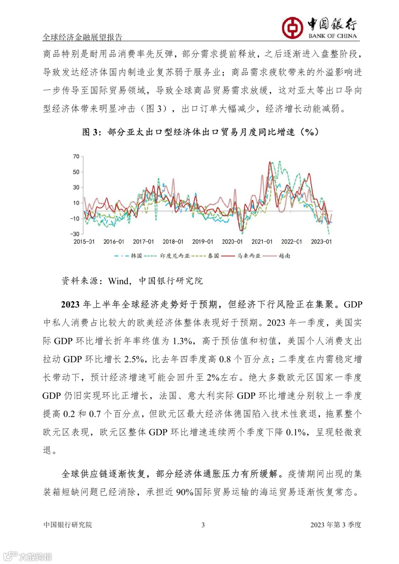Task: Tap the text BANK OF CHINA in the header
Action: pos(332,36)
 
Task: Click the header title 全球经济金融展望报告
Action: pos(82,37)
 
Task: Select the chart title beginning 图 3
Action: pos(200,132)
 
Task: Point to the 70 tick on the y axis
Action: pos(76,157)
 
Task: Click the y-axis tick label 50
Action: pos(76,172)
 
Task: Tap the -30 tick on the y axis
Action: pos(75,234)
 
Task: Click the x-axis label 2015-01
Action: pos(84,242)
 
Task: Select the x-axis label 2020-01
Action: pos(232,242)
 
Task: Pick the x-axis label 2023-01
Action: pos(321,242)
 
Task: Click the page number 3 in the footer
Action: pos(203,525)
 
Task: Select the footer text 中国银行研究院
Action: pos(68,525)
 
